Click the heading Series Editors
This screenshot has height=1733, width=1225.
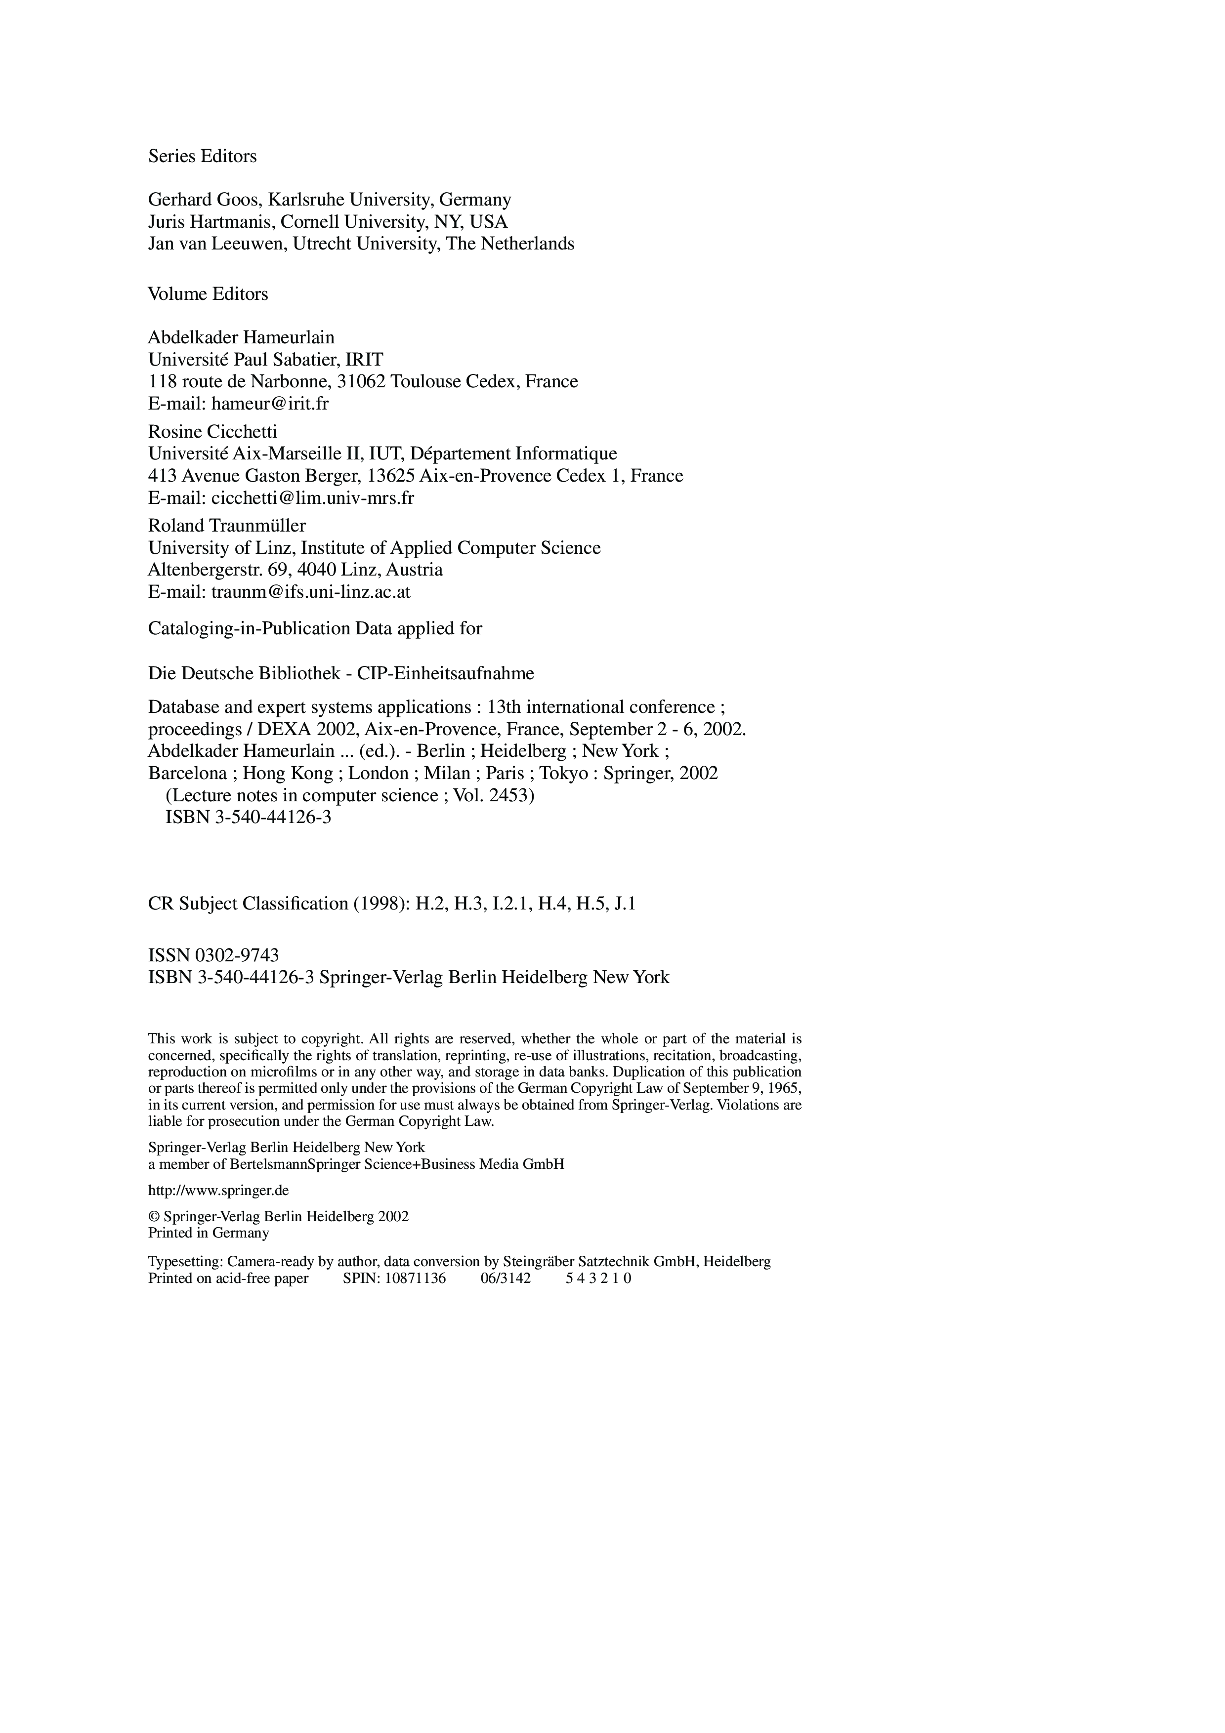[202, 156]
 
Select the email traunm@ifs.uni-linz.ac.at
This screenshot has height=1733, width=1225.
[311, 592]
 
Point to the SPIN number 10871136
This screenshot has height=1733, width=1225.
[415, 1279]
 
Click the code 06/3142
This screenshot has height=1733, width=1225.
[506, 1279]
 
